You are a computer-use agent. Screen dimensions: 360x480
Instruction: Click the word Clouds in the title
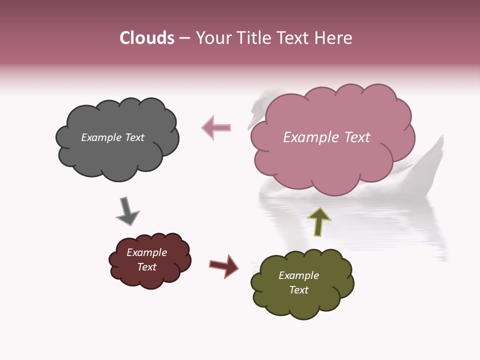pos(147,38)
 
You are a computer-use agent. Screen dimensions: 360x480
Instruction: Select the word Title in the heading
pos(251,38)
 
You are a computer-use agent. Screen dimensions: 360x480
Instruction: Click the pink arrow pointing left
pos(216,127)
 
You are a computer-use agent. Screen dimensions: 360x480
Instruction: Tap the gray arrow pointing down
pos(127,211)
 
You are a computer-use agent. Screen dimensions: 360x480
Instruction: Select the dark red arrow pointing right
pos(224,265)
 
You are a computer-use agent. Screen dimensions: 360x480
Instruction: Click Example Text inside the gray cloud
pos(112,137)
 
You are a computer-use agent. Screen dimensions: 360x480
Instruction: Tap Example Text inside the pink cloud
pos(326,137)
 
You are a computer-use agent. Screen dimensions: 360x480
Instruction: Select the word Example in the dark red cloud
pos(146,252)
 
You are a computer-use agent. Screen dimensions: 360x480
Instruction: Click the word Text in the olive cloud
pos(298,290)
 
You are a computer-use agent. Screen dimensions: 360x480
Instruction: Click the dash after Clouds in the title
pos(184,38)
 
